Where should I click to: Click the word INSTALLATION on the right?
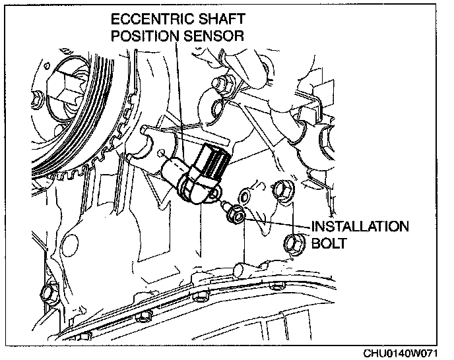[359, 226]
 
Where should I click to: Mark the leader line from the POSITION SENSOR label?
[178, 99]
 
